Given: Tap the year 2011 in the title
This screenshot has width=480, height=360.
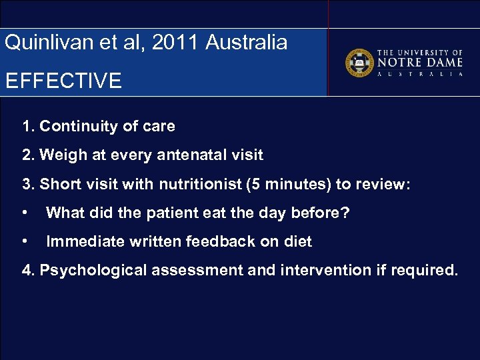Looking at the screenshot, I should pos(176,43).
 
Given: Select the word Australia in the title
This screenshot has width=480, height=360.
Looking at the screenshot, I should pos(247,43).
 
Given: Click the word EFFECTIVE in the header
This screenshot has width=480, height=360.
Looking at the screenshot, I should pos(63,81).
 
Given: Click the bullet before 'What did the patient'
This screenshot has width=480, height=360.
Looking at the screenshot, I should pos(25,213).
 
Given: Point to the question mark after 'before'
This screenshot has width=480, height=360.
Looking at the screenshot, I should pos(346,213).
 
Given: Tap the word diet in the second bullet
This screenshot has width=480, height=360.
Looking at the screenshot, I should pos(297,242).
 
